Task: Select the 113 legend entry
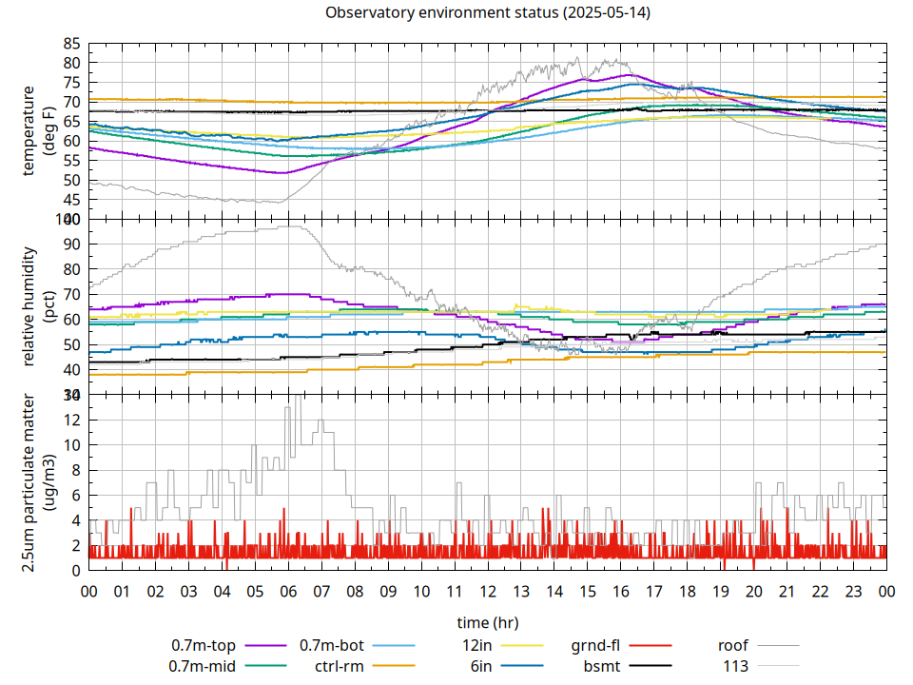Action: coord(736,666)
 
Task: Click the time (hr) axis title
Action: coord(487,622)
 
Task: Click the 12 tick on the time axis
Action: coord(488,591)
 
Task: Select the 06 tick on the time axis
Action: coord(288,591)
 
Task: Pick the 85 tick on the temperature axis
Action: coord(72,44)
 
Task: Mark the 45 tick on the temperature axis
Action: coord(72,200)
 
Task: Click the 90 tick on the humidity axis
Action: coord(72,245)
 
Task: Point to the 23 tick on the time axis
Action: coord(853,591)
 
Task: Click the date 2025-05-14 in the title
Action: coord(606,13)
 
